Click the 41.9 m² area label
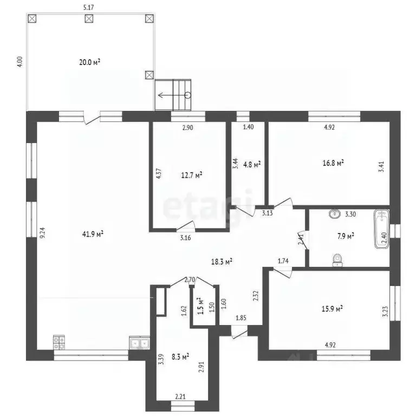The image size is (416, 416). click(x=94, y=234)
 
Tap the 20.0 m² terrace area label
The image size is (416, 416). click(x=90, y=62)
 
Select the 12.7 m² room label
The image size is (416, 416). click(x=191, y=174)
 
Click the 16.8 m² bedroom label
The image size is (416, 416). click(x=335, y=162)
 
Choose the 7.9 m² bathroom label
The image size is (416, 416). click(x=346, y=236)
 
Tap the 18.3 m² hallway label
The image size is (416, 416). click(x=222, y=261)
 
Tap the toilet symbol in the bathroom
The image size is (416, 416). click(x=338, y=260)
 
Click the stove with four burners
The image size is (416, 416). click(x=58, y=343)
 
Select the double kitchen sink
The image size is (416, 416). click(x=139, y=343)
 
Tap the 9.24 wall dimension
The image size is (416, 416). click(x=42, y=233)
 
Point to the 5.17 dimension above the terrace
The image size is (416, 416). click(x=87, y=8)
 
